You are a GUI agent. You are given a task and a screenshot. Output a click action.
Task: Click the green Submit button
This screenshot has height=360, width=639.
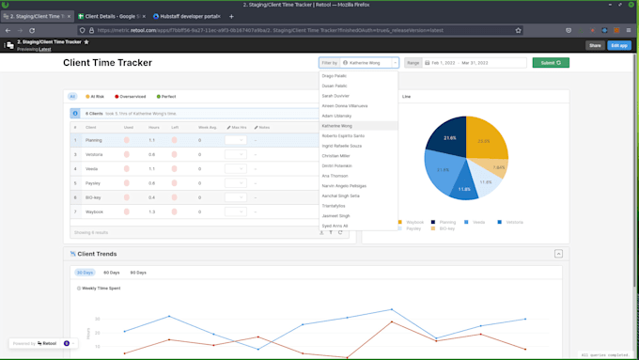pyautogui.click(x=551, y=63)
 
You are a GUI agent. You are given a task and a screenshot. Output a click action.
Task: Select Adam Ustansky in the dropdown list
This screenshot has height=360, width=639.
pyautogui.click(x=336, y=115)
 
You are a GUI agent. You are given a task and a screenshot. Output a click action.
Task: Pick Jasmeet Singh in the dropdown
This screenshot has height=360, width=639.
pyautogui.click(x=337, y=215)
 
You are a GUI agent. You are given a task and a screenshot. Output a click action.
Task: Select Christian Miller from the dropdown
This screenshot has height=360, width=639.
pyautogui.click(x=337, y=155)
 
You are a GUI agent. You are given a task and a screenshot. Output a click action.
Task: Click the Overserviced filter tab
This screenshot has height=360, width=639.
pyautogui.click(x=132, y=96)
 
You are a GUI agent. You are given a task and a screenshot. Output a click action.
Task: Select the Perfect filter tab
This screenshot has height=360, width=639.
pyautogui.click(x=166, y=96)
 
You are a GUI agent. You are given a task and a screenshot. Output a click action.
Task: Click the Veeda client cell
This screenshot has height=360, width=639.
pyautogui.click(x=92, y=168)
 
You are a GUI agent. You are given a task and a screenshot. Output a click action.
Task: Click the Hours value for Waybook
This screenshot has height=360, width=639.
pyautogui.click(x=152, y=211)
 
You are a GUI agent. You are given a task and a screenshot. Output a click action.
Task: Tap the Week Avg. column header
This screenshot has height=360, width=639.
pyautogui.click(x=208, y=126)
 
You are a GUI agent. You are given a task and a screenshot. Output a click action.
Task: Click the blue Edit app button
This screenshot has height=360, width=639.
pyautogui.click(x=619, y=45)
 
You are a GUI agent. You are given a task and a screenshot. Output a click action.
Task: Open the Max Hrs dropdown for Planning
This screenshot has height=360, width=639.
pyautogui.click(x=236, y=140)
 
